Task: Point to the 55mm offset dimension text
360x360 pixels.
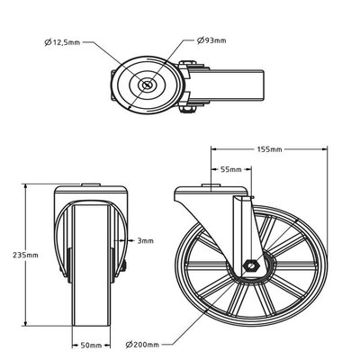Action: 230,168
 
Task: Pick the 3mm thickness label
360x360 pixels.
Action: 146,240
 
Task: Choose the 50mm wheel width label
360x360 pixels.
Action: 88,344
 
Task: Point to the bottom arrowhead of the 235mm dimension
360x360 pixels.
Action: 28,325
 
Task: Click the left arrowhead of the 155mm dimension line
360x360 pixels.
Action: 213,149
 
